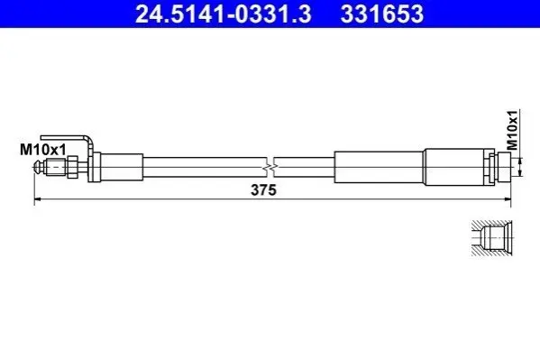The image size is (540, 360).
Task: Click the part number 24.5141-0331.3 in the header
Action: [224, 14]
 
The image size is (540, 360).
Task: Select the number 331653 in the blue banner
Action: [382, 14]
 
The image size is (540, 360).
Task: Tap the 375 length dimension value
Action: [263, 190]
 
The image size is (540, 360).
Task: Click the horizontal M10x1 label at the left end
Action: [42, 150]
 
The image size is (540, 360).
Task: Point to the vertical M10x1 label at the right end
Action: [513, 130]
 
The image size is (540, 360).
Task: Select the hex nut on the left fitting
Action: [72, 167]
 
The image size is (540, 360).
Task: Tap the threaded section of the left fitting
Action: [56, 167]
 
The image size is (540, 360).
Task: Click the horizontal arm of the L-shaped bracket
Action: [62, 137]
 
